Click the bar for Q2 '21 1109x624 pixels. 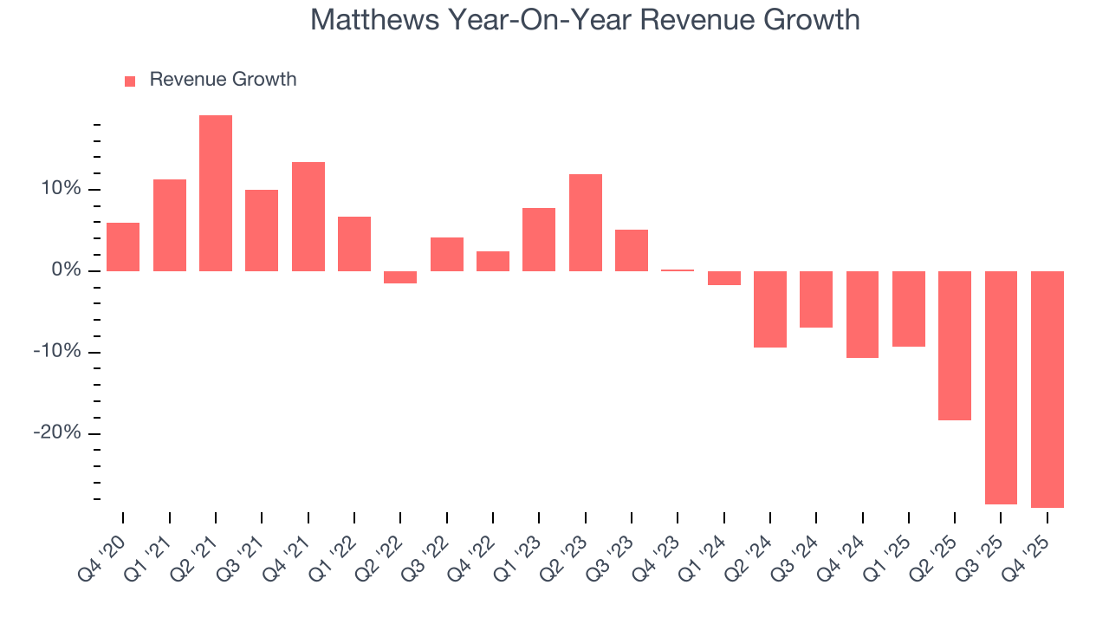216,193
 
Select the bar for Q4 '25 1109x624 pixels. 1047,389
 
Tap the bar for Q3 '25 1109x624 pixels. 1001,387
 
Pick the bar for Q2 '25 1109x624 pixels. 955,346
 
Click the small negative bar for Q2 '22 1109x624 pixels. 400,277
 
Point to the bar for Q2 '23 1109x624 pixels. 586,223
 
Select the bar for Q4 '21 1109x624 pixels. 308,217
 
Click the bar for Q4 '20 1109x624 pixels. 123,247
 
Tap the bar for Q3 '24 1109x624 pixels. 816,299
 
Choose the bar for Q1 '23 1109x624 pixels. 539,239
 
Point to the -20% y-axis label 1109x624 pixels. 57,433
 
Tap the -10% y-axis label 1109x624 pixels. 57,352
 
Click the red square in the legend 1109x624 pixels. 130,81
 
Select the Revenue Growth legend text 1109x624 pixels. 223,80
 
